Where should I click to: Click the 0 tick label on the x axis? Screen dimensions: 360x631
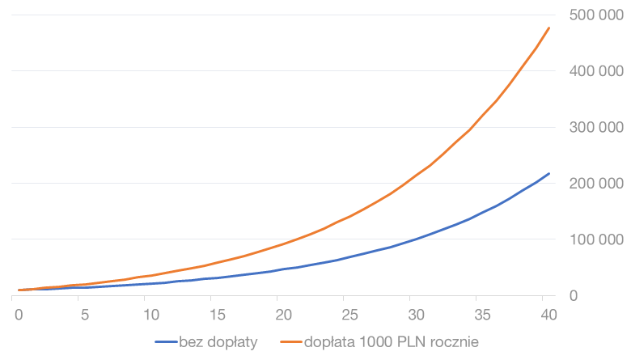coord(19,315)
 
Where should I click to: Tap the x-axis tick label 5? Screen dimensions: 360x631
coord(84,315)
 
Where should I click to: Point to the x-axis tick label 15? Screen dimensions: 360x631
coord(215,315)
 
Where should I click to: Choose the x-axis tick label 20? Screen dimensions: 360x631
coord(282,315)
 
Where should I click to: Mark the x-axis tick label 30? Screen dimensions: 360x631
coord(415,315)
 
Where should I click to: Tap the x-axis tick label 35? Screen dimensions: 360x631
coord(481,315)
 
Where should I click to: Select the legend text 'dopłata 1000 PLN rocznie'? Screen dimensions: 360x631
coord(392,342)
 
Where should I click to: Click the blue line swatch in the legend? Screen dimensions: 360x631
coord(166,342)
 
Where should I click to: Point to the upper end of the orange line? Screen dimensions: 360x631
coord(549,28)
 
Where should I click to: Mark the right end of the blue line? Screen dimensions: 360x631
coord(549,173)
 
